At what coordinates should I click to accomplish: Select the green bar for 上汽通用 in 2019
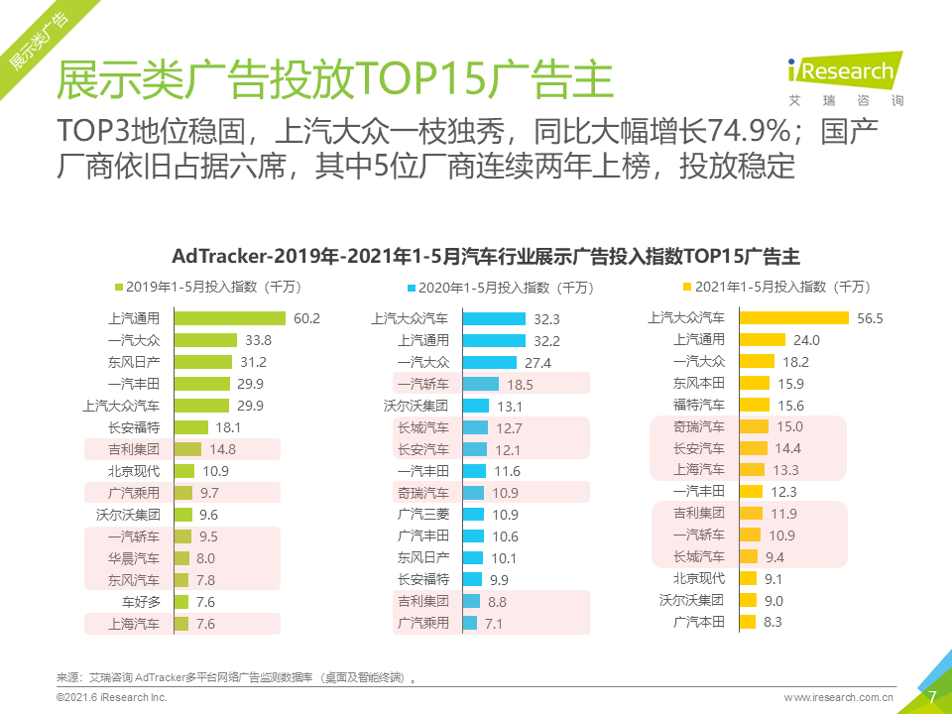point(230,318)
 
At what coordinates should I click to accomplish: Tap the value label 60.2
point(306,318)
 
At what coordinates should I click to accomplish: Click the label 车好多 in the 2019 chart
point(141,602)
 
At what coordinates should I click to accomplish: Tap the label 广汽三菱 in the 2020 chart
point(423,515)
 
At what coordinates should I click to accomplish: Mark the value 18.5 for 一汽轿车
point(521,384)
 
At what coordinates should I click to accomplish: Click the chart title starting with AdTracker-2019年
point(486,256)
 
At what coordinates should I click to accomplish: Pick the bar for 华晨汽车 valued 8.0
point(182,558)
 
